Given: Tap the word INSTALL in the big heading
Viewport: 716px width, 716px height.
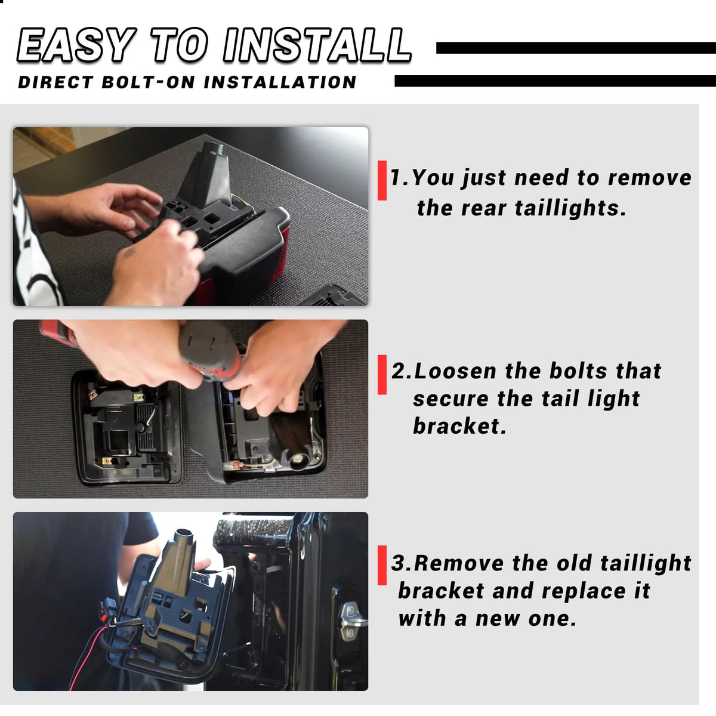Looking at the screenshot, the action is tap(317, 45).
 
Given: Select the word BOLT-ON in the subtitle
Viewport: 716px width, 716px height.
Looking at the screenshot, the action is tap(148, 82).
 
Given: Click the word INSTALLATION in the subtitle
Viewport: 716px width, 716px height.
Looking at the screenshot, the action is tap(280, 82).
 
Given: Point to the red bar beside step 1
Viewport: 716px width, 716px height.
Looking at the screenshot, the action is tap(382, 181).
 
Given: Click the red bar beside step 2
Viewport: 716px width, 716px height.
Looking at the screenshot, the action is tap(382, 375).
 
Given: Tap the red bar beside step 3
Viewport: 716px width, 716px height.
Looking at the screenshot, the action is tap(382, 565).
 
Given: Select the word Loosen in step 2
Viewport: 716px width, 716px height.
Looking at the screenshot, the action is tap(455, 371).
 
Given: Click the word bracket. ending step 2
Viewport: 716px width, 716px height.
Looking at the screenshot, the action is tap(459, 426).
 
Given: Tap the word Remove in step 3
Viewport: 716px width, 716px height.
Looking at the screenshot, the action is tap(458, 563).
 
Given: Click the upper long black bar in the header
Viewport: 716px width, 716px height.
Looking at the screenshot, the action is tap(576, 48).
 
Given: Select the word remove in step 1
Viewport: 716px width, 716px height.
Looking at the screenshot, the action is tap(650, 178).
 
